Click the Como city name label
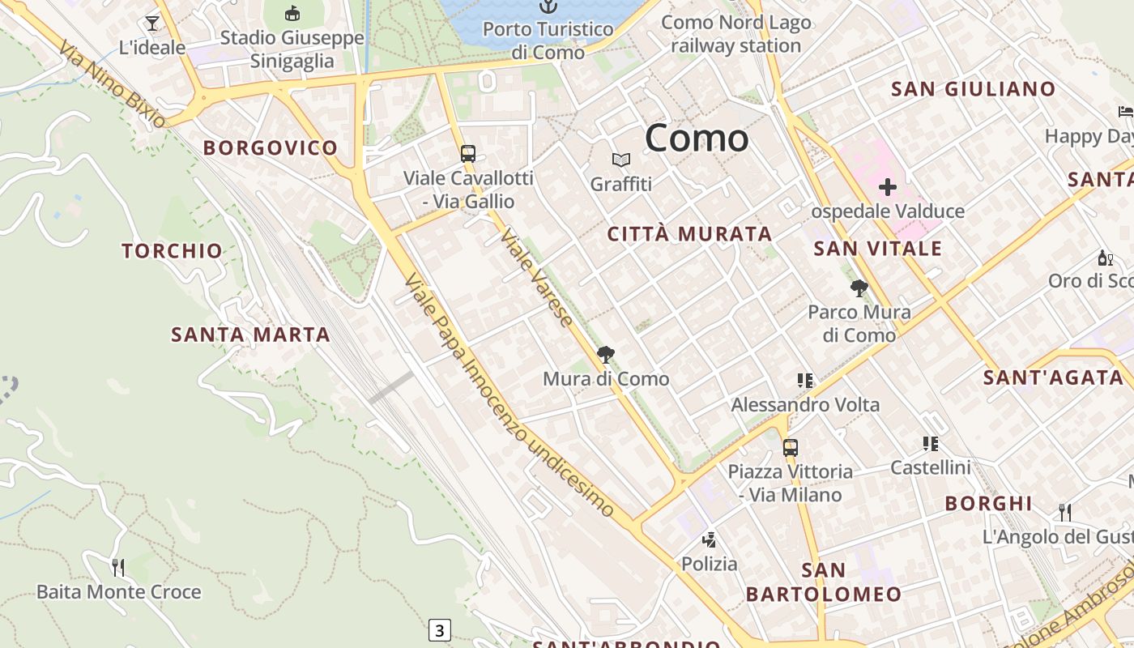pos(697,138)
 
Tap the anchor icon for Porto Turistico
pos(548,6)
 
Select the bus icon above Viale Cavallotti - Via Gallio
pos(468,153)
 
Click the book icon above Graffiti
pos(621,160)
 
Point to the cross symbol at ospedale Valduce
pos(888,188)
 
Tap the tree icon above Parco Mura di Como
pos(859,288)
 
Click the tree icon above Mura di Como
pos(605,355)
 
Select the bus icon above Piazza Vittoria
pos(790,447)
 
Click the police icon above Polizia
pos(710,539)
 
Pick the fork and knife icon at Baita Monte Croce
pos(118,567)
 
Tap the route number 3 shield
pos(439,630)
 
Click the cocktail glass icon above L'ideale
pos(152,23)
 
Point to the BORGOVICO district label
pos(271,147)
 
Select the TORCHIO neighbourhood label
pos(172,251)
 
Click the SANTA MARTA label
pos(250,335)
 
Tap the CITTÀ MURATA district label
pos(689,234)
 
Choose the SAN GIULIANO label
pos(973,89)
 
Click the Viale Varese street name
pos(537,277)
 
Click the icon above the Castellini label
pos(930,443)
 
